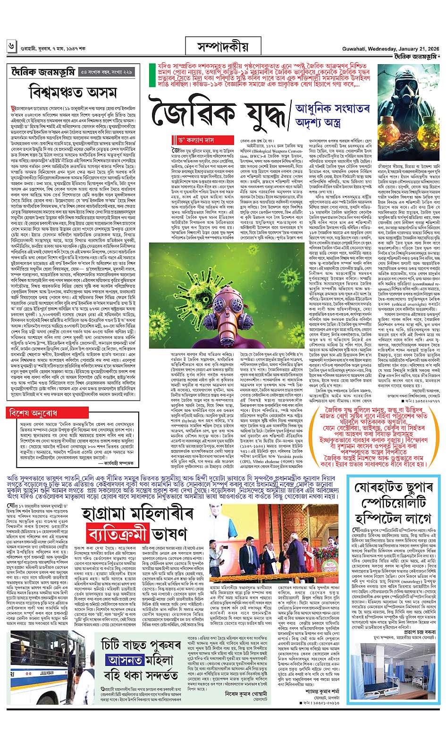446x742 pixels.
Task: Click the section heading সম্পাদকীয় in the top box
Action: coord(222,47)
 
